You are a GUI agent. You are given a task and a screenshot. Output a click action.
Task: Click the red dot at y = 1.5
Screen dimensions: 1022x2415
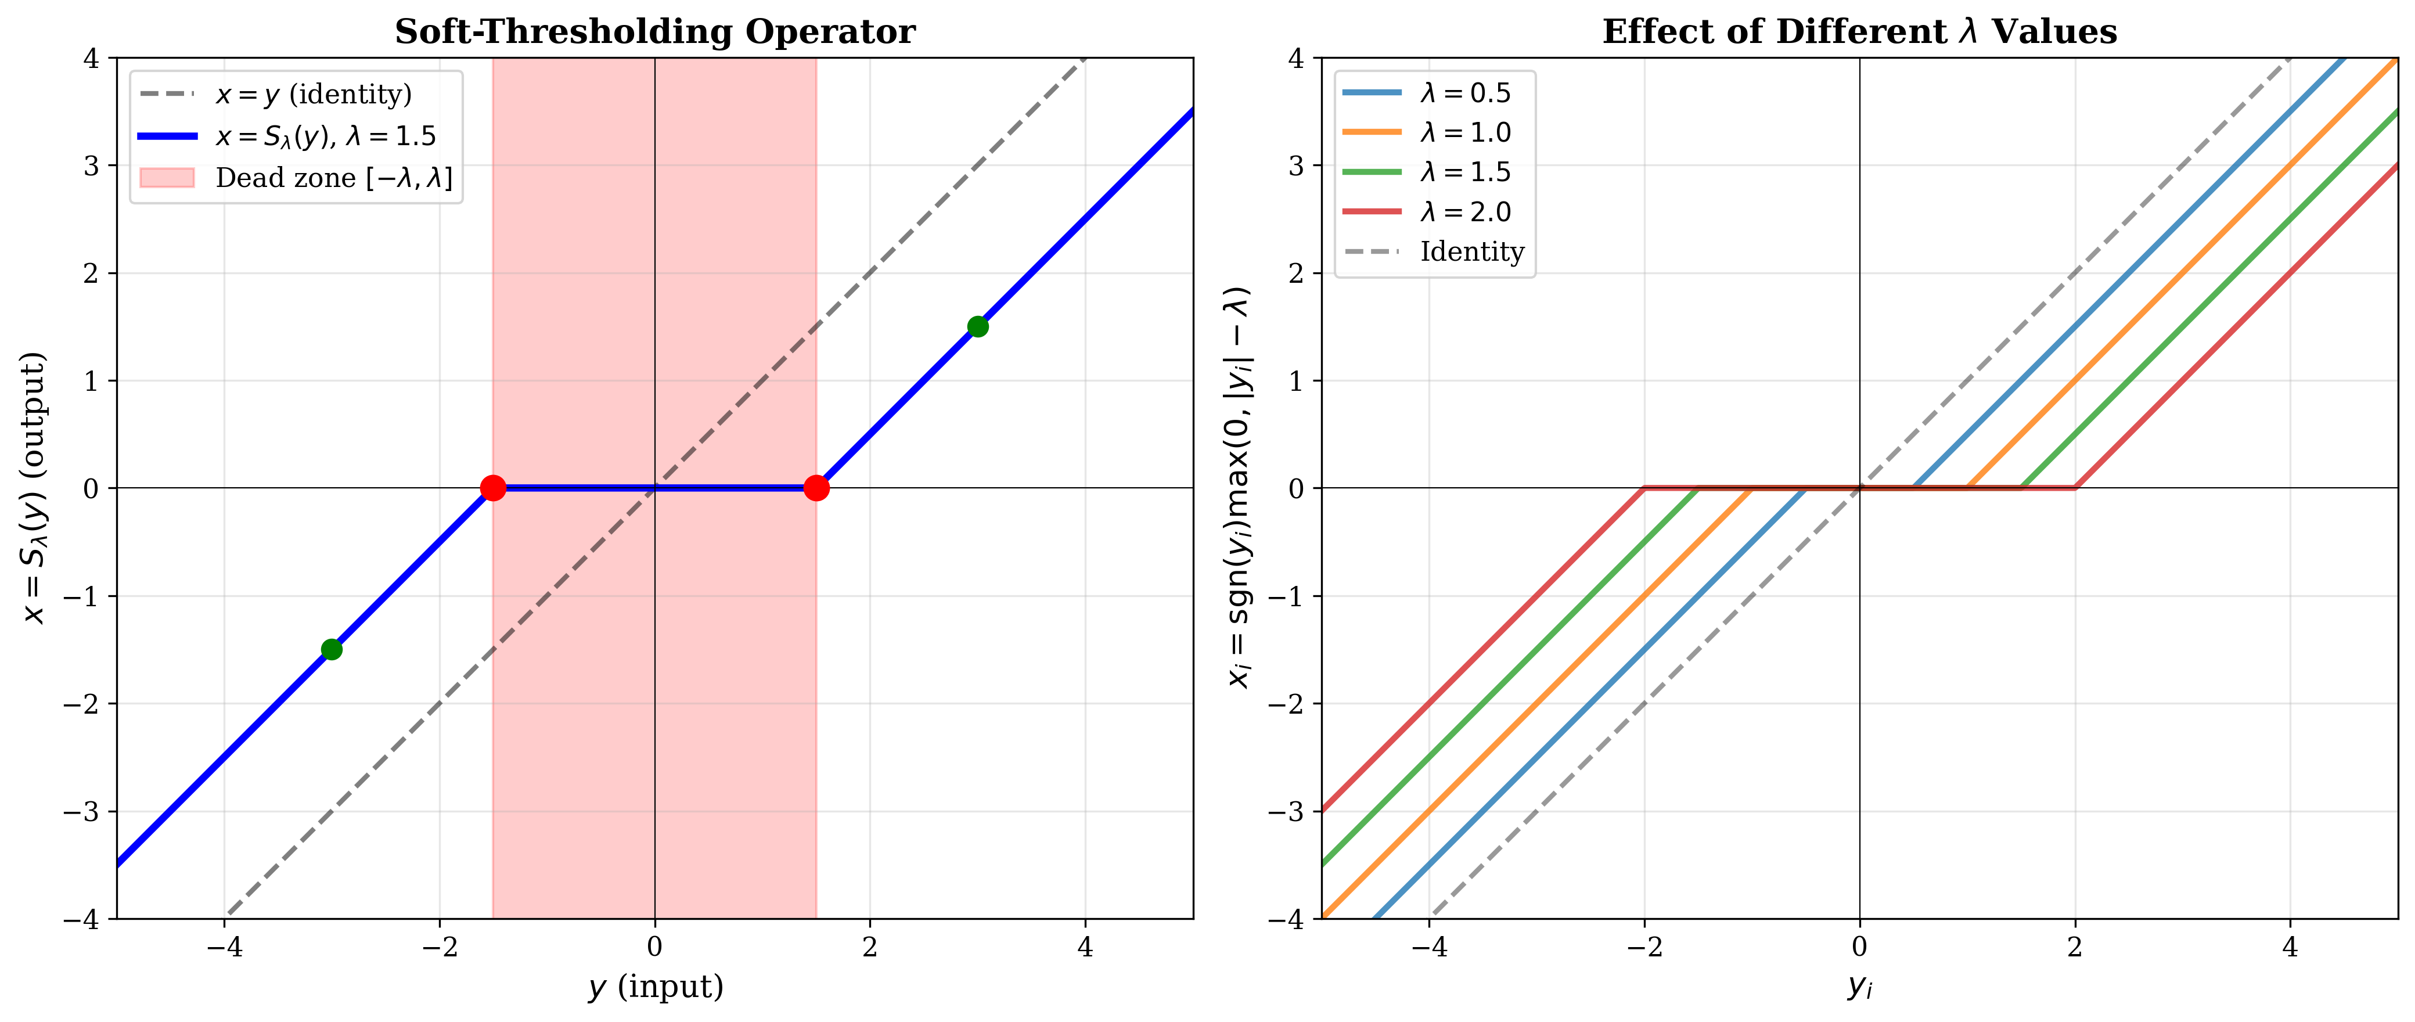point(816,488)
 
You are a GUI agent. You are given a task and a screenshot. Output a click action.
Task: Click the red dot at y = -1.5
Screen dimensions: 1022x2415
point(493,488)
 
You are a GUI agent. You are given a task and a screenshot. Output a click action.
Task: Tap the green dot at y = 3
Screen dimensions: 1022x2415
point(978,326)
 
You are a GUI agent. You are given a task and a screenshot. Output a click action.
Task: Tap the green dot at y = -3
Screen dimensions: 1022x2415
point(331,649)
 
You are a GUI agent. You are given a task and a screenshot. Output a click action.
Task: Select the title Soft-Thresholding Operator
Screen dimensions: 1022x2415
point(654,32)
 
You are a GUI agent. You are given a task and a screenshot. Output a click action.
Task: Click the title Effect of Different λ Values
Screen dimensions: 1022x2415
point(1859,32)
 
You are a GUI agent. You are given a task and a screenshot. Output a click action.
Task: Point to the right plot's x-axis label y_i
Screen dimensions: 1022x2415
point(1859,987)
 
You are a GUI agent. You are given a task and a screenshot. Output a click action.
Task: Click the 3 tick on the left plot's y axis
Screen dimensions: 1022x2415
point(91,166)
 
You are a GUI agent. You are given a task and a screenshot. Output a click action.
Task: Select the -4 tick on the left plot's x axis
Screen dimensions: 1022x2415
point(224,948)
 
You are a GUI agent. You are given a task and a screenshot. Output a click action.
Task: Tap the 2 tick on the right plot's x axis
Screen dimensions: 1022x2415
point(2075,948)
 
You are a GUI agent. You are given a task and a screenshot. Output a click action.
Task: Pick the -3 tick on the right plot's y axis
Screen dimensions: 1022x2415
point(1286,811)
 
